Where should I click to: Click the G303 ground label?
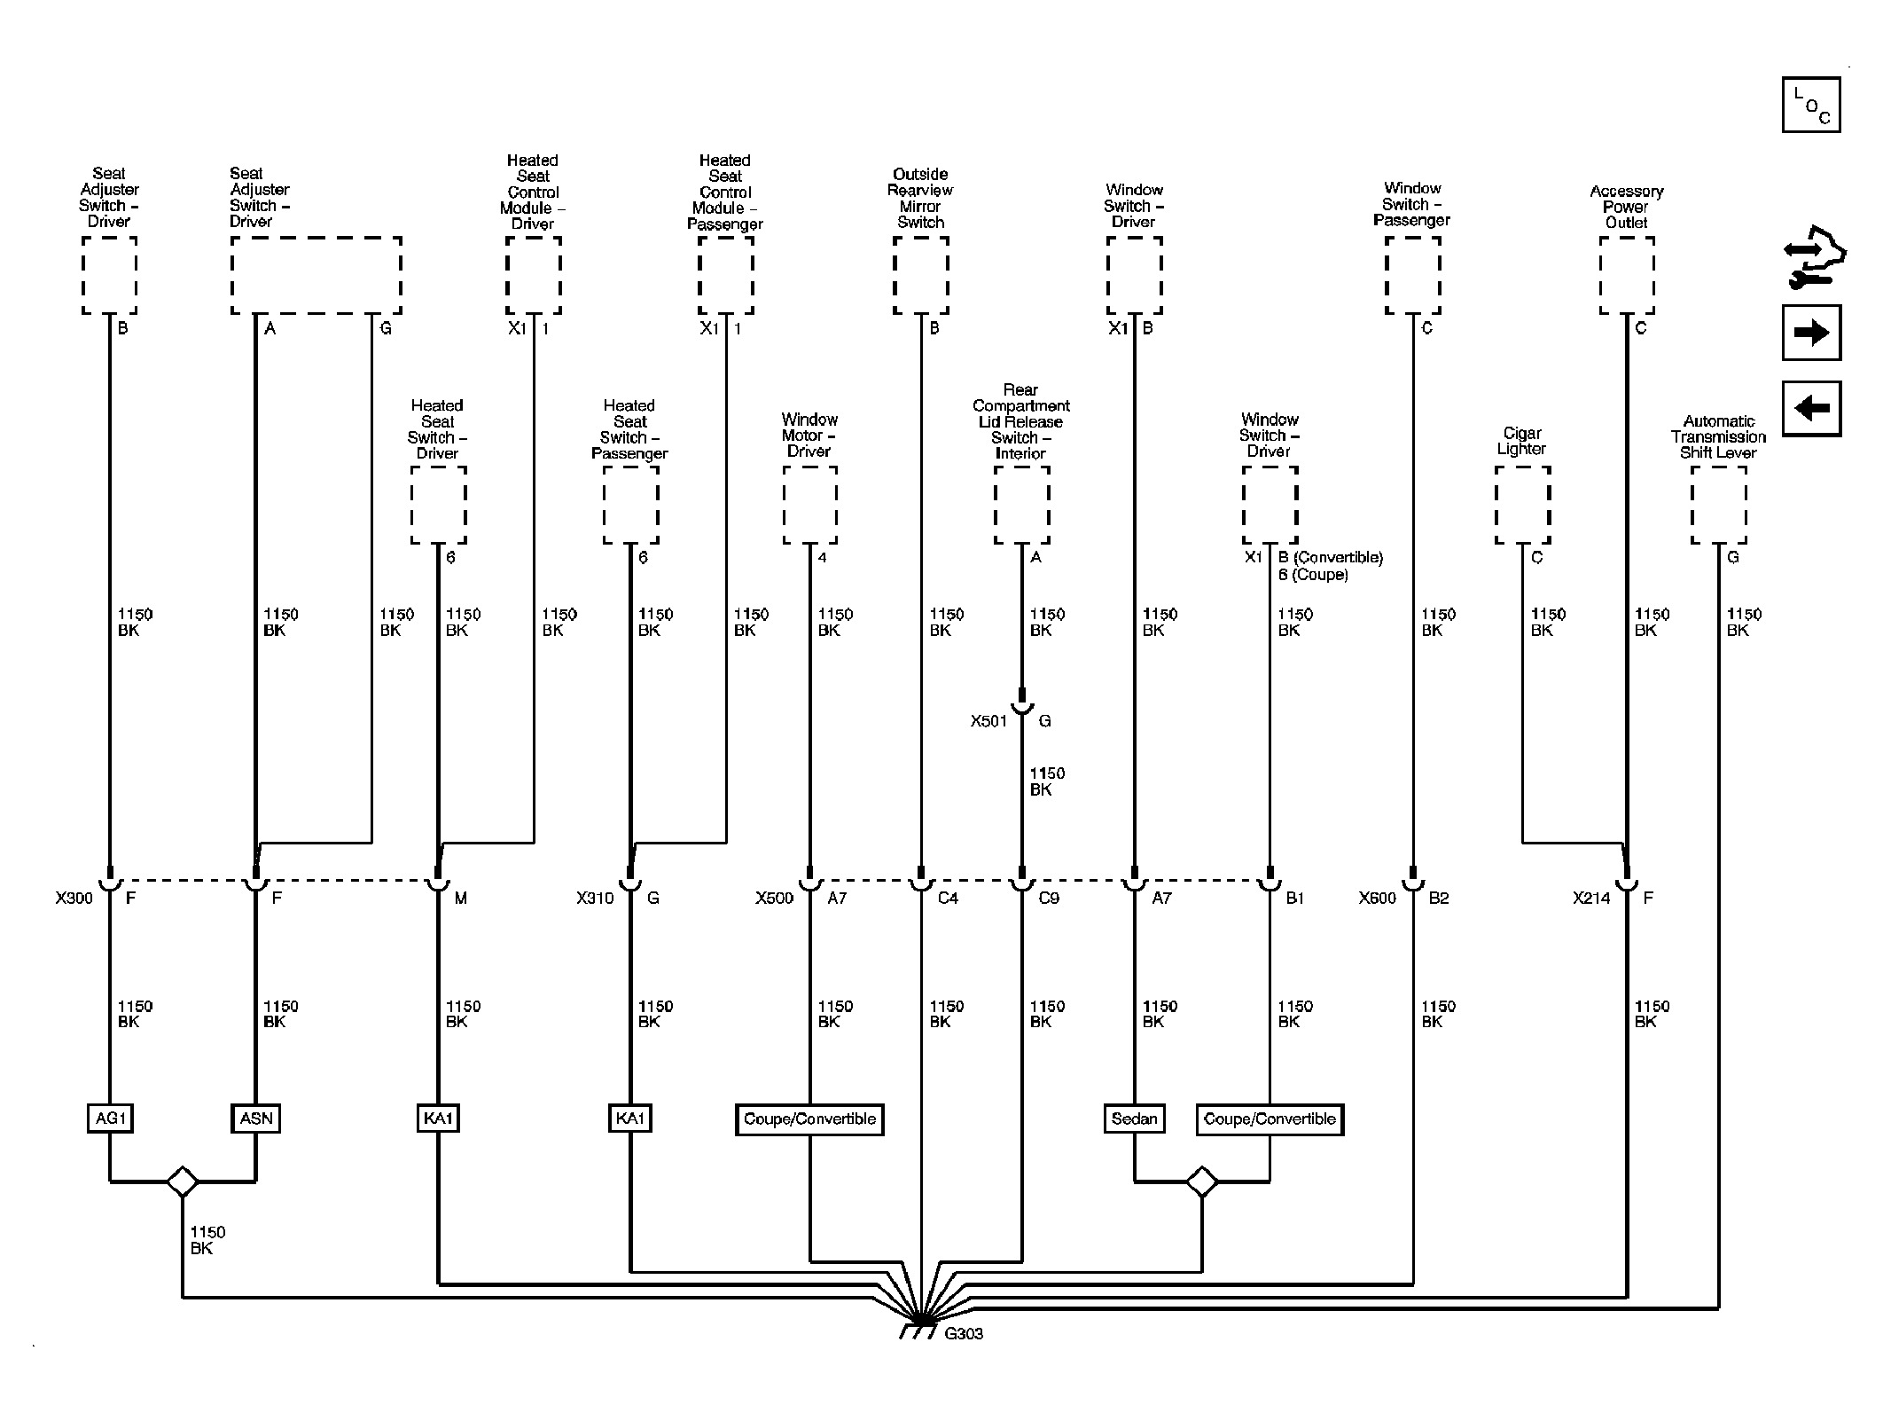click(x=964, y=1334)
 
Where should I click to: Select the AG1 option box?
click(x=110, y=1119)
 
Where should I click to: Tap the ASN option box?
click(x=256, y=1119)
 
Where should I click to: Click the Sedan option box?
click(x=1134, y=1119)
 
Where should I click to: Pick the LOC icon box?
click(x=1811, y=105)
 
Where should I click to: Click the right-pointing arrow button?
click(x=1811, y=333)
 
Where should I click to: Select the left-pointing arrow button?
click(x=1811, y=408)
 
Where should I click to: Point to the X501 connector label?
click(x=988, y=721)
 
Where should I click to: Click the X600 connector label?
click(x=1377, y=899)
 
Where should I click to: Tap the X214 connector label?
click(x=1591, y=899)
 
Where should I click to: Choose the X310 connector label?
click(x=595, y=899)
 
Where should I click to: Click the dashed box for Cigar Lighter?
click(x=1522, y=505)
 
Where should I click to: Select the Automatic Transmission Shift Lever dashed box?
click(x=1718, y=505)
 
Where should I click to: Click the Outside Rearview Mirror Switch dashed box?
click(x=920, y=275)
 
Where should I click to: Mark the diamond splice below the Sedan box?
click(x=1202, y=1181)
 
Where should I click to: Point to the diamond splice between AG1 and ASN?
click(x=183, y=1181)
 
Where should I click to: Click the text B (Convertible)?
click(x=1331, y=557)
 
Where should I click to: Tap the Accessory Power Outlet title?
click(x=1626, y=207)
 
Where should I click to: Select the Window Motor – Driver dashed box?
click(x=809, y=505)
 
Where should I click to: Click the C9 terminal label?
click(x=1049, y=899)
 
